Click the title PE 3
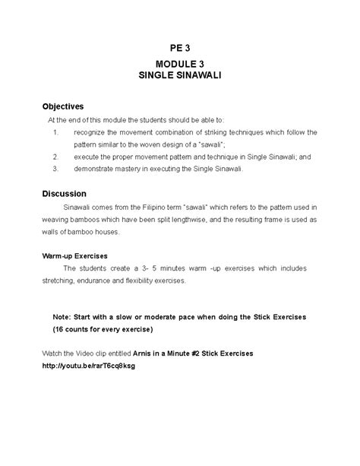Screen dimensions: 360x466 179,47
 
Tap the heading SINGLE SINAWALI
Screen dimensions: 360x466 179,78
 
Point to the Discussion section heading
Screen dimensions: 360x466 64,193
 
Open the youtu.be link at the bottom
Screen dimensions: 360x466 89,366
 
